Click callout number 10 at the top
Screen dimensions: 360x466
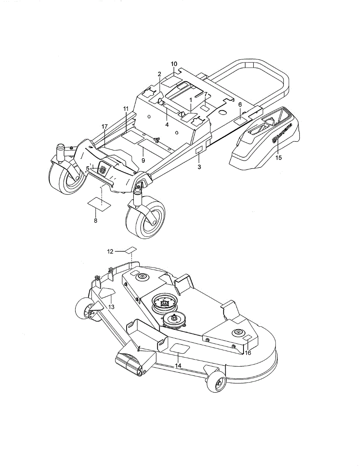[174, 64]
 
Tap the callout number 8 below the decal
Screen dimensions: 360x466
[96, 220]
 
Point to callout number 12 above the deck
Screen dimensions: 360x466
[110, 252]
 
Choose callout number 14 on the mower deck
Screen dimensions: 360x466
[178, 365]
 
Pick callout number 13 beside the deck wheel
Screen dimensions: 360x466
[111, 306]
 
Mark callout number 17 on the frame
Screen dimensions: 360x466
[104, 127]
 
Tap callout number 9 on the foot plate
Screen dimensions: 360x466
[143, 160]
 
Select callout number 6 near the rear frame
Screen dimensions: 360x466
[240, 104]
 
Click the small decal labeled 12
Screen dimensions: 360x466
[132, 249]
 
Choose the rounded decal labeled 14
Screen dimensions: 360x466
[179, 348]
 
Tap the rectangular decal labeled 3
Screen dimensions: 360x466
[198, 151]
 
